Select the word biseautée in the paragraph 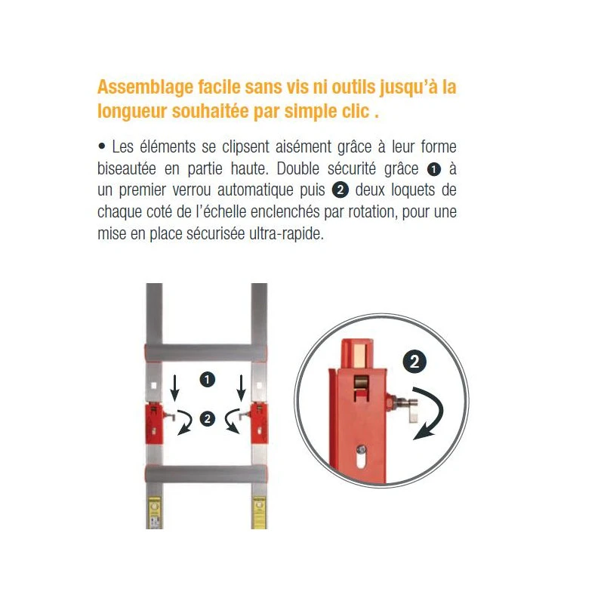coord(127,168)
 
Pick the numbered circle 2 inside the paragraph coord(341,191)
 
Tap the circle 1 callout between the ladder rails coord(207,380)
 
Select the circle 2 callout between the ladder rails coord(207,419)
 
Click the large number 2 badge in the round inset coord(414,362)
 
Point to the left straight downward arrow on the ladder coord(174,387)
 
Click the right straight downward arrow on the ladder coord(241,387)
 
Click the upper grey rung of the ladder coord(205,352)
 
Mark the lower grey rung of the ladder coord(205,474)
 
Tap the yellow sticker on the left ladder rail coord(155,513)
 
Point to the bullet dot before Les coord(102,146)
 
